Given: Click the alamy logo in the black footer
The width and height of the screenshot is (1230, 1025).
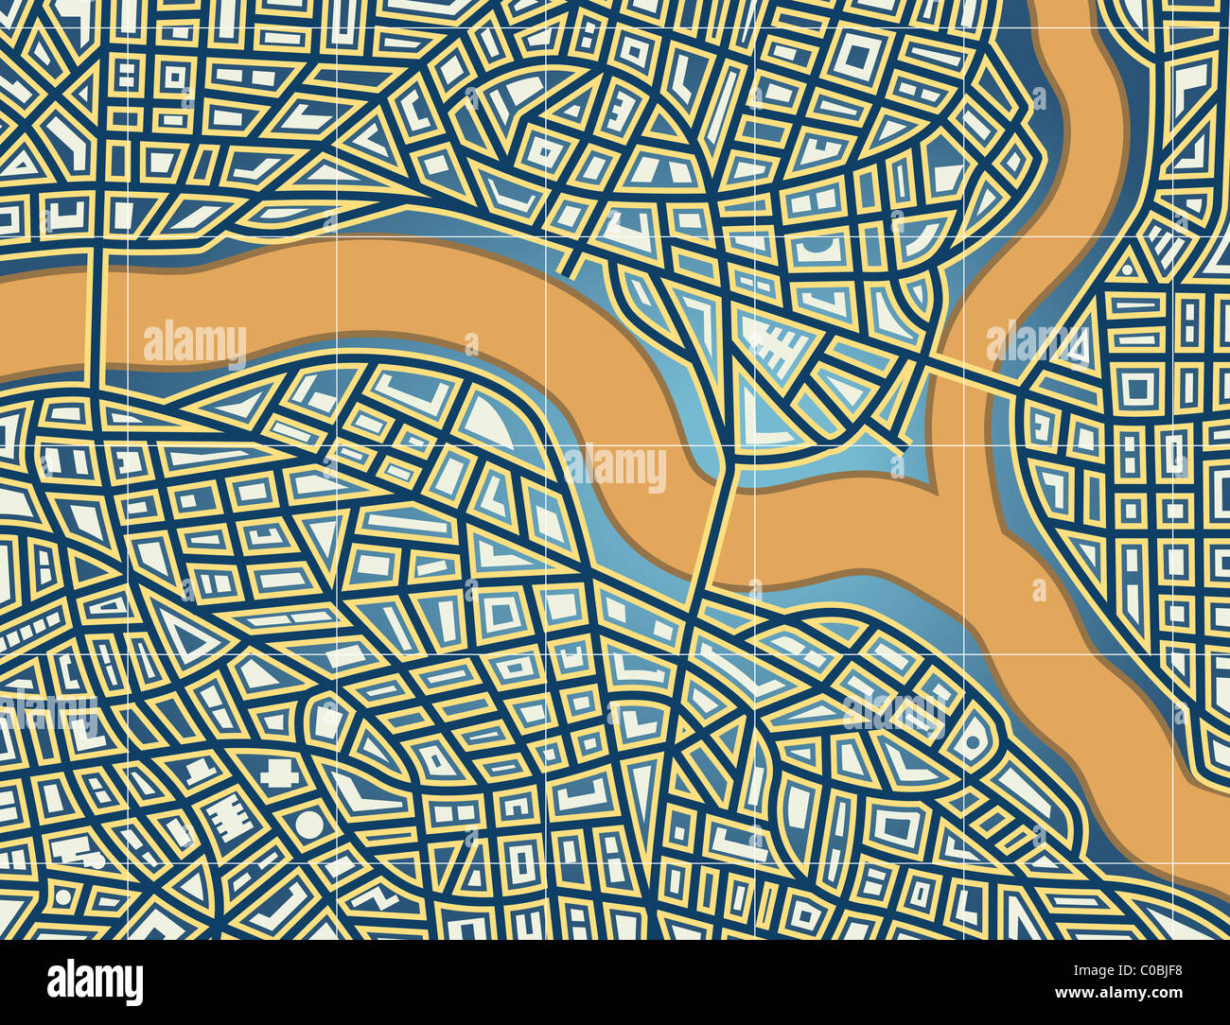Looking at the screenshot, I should (95, 982).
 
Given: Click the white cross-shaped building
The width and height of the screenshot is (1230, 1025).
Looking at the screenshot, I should (280, 774).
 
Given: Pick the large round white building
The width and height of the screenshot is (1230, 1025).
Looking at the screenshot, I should (308, 824).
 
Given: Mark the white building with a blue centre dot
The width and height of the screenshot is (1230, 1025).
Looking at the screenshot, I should (972, 743).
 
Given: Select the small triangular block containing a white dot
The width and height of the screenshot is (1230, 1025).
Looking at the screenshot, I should (1126, 269).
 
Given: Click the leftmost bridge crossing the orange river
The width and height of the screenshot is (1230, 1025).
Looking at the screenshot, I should (93, 312).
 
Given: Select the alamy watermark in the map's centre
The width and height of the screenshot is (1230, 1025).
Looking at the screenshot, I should (615, 468).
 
